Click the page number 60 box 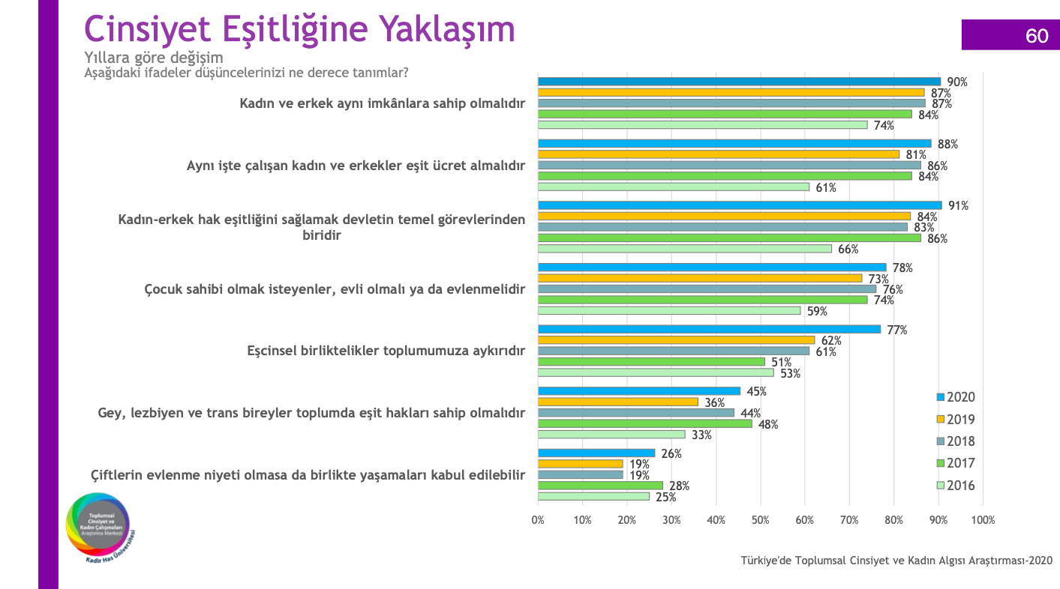coord(1010,35)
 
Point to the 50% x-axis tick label coord(761,520)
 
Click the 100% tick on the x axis coord(982,520)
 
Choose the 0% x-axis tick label coord(538,520)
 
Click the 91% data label coord(958,206)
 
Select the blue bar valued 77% coord(709,329)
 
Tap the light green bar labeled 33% coord(611,434)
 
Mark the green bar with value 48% coord(644,423)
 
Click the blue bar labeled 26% coord(596,453)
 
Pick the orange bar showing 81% coord(718,154)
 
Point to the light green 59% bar coord(668,310)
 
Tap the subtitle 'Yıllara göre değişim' coord(153,58)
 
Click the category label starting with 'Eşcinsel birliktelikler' coord(386,351)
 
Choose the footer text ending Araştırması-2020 coord(896,561)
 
